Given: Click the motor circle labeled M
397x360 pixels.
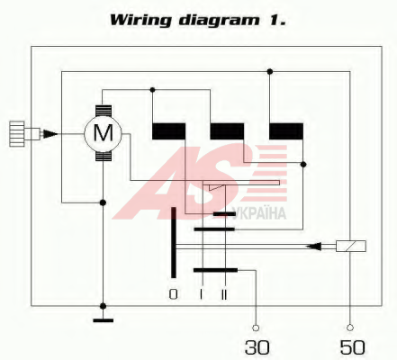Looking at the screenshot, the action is point(103,132).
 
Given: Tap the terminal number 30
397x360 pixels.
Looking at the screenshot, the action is point(257,347).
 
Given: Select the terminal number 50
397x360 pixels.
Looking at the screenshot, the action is point(352,347).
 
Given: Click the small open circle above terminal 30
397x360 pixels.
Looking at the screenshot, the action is point(256,328).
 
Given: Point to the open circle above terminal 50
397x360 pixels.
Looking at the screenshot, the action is point(350,328).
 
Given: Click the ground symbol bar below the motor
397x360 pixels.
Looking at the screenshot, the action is point(104,320).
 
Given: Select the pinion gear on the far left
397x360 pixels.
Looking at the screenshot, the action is point(17,134).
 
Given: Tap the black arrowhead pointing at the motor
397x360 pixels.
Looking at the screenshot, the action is point(50,134).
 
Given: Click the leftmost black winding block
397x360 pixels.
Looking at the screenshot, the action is point(168,131).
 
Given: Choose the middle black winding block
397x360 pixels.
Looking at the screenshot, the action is point(227,131).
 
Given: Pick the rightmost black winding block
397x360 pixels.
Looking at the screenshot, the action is point(286,131).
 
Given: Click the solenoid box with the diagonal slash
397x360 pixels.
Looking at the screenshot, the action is point(351,246).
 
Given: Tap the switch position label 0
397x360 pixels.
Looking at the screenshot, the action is point(173,294).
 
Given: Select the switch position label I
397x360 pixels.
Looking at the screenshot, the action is point(201,294).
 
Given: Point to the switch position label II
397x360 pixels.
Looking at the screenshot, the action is point(224,294).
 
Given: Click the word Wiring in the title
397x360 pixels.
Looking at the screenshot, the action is point(140,21).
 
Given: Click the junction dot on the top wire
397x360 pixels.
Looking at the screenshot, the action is point(270,71).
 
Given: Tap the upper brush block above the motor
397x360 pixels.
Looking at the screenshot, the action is point(104,111).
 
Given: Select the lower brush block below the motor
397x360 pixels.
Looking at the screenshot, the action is point(104,156).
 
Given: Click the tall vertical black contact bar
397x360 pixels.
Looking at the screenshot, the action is point(174,242).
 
